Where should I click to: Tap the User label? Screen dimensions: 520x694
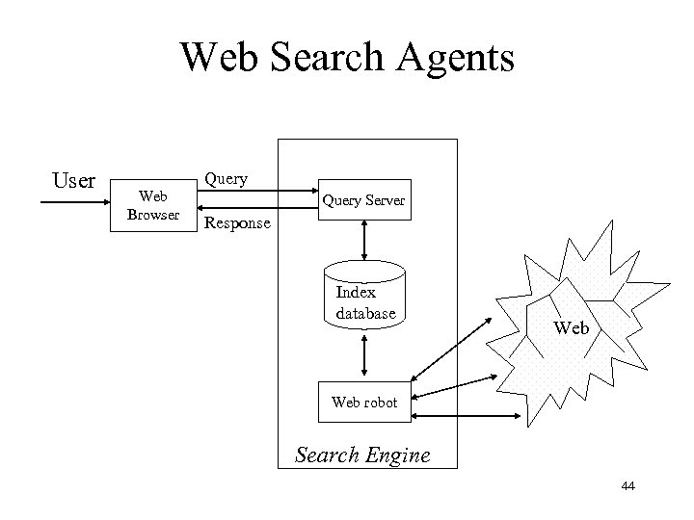tap(73, 181)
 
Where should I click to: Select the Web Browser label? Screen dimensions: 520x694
tap(153, 205)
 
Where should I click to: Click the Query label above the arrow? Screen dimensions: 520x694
tap(226, 178)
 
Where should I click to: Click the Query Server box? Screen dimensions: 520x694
tap(364, 200)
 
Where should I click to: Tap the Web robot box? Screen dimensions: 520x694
tap(364, 403)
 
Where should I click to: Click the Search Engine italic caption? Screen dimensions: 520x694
tap(363, 455)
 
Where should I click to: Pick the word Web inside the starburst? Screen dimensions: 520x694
tap(572, 328)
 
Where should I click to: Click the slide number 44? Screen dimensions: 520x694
tap(628, 489)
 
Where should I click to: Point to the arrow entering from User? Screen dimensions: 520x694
tap(72, 203)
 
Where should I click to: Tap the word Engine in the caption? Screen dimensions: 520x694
tap(397, 455)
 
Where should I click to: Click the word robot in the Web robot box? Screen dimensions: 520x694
tap(380, 403)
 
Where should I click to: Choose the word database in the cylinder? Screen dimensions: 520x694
tap(366, 314)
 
